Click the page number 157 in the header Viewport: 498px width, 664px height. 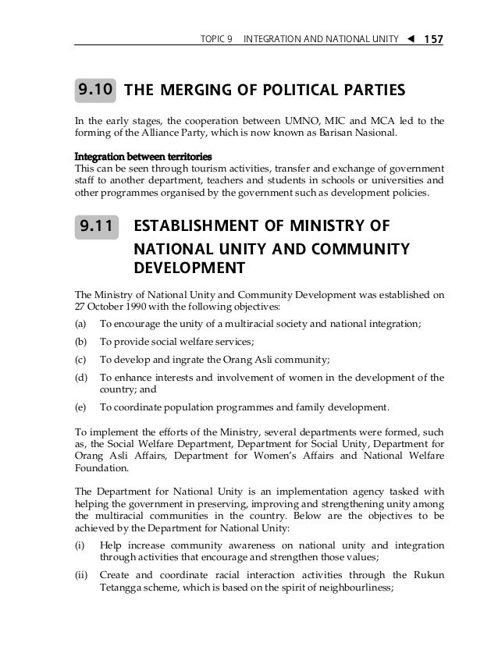pyautogui.click(x=432, y=37)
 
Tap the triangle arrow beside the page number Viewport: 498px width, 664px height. pyautogui.click(x=410, y=37)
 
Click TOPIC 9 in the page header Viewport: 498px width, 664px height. pyautogui.click(x=216, y=37)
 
